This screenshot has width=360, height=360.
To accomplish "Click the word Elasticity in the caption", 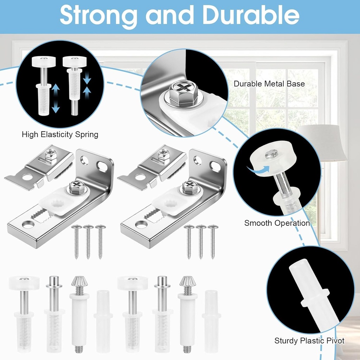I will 56,135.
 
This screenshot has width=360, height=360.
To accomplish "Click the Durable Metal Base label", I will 269,84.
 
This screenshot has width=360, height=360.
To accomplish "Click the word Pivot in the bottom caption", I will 335,340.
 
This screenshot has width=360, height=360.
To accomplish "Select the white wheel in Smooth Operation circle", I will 272,157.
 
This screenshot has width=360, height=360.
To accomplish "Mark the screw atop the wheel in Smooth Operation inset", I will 272,154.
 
